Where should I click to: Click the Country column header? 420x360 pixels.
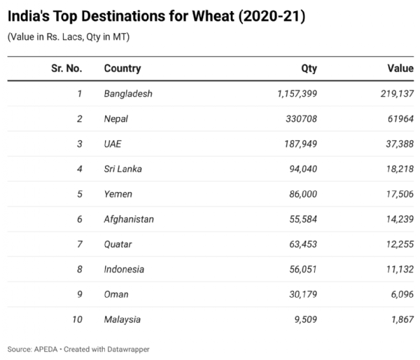pos(122,69)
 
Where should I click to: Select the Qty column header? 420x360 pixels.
pos(309,69)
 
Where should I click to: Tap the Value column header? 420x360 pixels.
pos(400,69)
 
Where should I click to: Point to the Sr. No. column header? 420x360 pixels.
pos(66,69)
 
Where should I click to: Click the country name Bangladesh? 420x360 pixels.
pos(128,94)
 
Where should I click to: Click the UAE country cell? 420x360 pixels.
pos(113,144)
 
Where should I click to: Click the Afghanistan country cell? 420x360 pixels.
pos(129,219)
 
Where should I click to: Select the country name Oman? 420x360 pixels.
pos(115,295)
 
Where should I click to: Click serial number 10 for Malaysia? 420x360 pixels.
pos(76,319)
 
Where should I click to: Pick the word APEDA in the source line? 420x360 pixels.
pos(46,349)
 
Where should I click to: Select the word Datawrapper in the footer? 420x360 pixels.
pos(127,349)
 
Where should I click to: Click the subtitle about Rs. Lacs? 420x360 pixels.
pos(68,37)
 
